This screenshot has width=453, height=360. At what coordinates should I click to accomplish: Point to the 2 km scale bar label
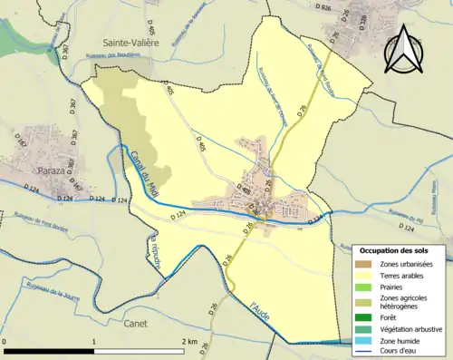(x=189, y=341)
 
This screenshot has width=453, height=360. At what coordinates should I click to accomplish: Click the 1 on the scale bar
(x=94, y=341)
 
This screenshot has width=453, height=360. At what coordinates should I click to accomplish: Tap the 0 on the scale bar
(x=5, y=341)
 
